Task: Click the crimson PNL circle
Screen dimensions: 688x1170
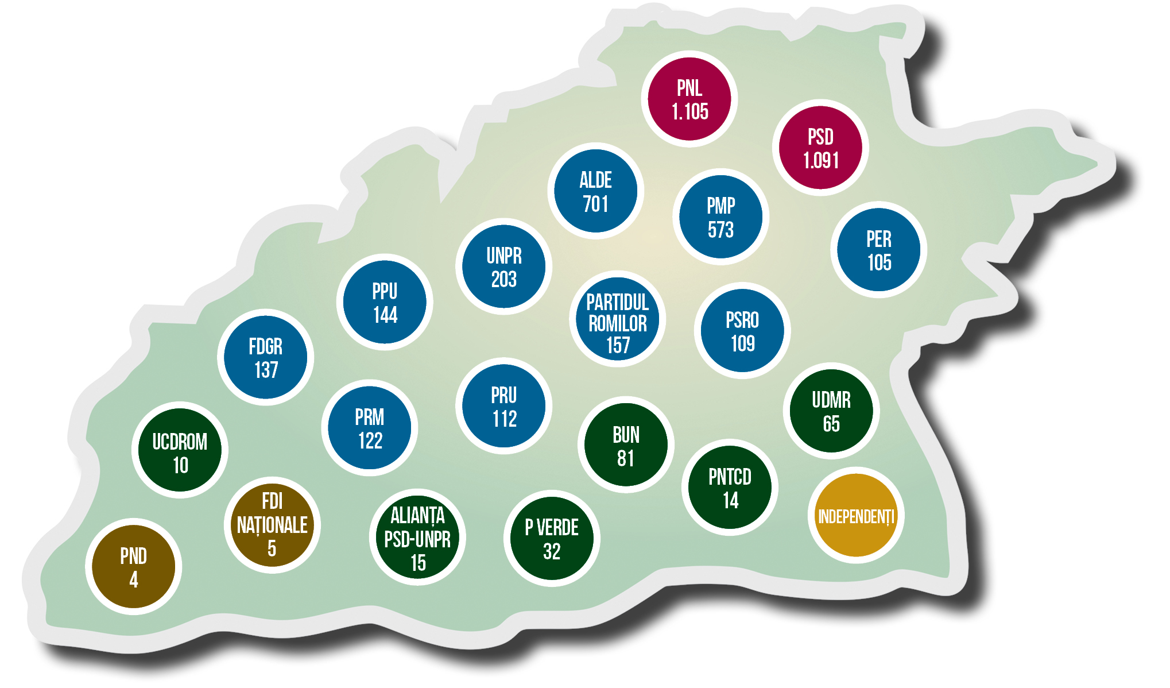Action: coord(689,99)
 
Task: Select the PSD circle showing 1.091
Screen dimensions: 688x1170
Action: coord(820,148)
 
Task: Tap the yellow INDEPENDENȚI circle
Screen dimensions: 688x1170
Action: coord(856,515)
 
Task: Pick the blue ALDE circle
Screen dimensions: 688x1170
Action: coord(595,191)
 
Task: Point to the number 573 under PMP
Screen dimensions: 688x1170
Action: coord(720,230)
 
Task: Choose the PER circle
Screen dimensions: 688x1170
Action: coord(878,250)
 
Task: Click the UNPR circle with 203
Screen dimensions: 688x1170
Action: coord(503,266)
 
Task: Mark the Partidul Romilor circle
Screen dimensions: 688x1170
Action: coord(617,319)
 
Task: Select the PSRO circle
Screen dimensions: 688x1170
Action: coord(742,330)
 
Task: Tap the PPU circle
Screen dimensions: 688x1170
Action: coord(385,302)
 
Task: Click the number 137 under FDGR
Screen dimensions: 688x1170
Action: coord(266,370)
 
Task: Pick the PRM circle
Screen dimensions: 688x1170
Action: coord(369,428)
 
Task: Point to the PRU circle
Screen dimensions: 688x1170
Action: coord(503,406)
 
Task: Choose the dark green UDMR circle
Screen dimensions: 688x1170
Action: coord(831,411)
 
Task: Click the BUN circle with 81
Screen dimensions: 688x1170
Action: coord(626,445)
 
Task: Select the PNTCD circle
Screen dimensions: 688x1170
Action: coord(730,488)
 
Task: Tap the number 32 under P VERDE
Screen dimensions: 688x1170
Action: coord(552,551)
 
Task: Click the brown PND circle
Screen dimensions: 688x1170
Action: coord(133,567)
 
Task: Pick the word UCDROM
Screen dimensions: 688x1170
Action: coord(180,442)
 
